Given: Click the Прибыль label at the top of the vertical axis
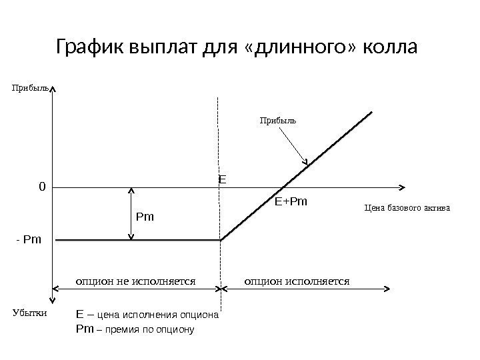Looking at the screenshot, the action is click(x=29, y=87).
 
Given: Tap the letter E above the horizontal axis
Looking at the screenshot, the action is click(x=223, y=179).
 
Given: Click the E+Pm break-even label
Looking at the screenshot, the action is click(x=293, y=200).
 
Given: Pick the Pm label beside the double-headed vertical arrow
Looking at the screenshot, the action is click(x=145, y=217).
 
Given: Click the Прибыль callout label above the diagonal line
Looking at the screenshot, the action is click(x=277, y=121).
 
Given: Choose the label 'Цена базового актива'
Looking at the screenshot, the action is click(x=407, y=208).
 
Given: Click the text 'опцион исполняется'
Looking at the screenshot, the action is click(x=297, y=281).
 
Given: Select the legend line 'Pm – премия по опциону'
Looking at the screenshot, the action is click(x=135, y=329).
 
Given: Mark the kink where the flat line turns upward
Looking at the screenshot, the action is click(x=221, y=240).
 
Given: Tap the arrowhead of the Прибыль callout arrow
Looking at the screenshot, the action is click(x=306, y=163).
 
